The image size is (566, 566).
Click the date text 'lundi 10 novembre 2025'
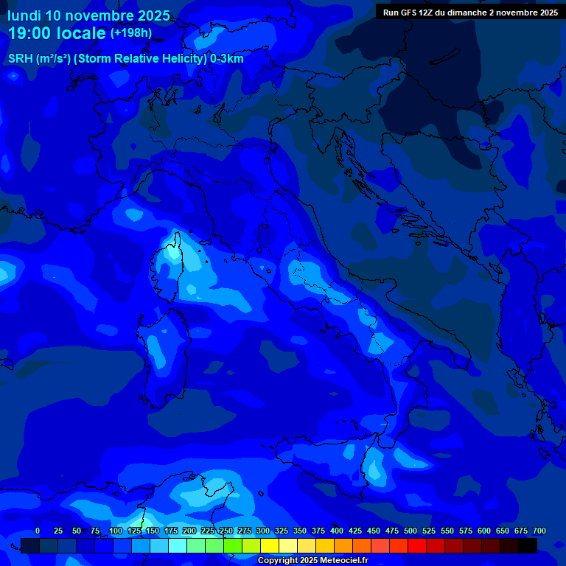[x=88, y=15]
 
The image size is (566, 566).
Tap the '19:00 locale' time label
[x=57, y=33]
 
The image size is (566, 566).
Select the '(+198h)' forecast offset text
[x=131, y=32]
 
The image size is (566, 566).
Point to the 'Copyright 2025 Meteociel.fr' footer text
[x=312, y=560]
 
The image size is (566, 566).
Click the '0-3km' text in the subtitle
[x=226, y=59]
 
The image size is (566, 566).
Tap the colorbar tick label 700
[x=539, y=531]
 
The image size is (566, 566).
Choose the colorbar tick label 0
[x=38, y=531]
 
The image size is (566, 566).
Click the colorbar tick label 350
[x=299, y=531]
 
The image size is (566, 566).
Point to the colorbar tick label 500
[x=410, y=531]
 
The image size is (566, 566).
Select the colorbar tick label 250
[x=226, y=531]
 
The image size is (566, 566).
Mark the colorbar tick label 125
[x=133, y=531]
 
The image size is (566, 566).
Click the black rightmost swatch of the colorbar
[x=528, y=545]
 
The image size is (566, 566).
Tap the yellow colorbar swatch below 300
[x=270, y=545]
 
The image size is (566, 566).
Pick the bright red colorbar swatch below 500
[x=417, y=545]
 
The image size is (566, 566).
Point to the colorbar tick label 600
[x=483, y=531]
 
